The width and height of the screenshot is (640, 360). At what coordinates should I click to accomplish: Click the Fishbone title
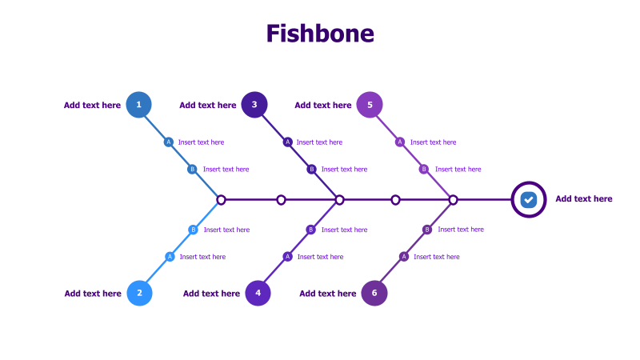(x=320, y=34)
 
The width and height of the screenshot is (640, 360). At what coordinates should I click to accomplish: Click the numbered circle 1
(x=139, y=105)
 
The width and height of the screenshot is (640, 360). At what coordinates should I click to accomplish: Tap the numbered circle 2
(x=139, y=293)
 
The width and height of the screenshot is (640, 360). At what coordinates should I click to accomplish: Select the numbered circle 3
(x=254, y=105)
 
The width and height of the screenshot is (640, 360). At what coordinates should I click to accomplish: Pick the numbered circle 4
(x=258, y=293)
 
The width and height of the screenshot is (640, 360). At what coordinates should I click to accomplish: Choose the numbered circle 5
(x=370, y=105)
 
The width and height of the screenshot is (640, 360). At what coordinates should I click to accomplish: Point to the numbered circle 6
(x=374, y=293)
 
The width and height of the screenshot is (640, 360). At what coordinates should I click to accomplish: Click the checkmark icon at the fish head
(x=528, y=199)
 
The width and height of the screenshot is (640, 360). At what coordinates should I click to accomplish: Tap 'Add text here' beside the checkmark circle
(x=584, y=199)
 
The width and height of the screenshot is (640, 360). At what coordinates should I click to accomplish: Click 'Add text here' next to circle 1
(x=92, y=105)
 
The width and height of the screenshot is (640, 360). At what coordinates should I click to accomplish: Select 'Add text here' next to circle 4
(x=211, y=294)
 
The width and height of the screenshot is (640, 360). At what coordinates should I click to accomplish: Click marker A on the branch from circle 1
(x=168, y=142)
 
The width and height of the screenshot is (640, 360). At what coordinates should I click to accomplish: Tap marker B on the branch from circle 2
(x=193, y=230)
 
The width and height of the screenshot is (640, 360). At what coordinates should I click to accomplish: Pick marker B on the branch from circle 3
(x=312, y=169)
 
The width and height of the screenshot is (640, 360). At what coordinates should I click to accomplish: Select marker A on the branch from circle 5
(x=400, y=142)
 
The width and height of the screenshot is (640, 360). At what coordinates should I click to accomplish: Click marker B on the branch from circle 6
(x=427, y=230)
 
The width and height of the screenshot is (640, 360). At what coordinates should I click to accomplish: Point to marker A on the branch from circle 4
(x=287, y=257)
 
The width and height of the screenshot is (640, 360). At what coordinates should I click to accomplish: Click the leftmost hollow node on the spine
(x=222, y=200)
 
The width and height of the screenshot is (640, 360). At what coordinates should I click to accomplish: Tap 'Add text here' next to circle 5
(x=322, y=105)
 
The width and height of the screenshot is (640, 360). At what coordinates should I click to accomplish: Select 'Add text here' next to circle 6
(x=328, y=294)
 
